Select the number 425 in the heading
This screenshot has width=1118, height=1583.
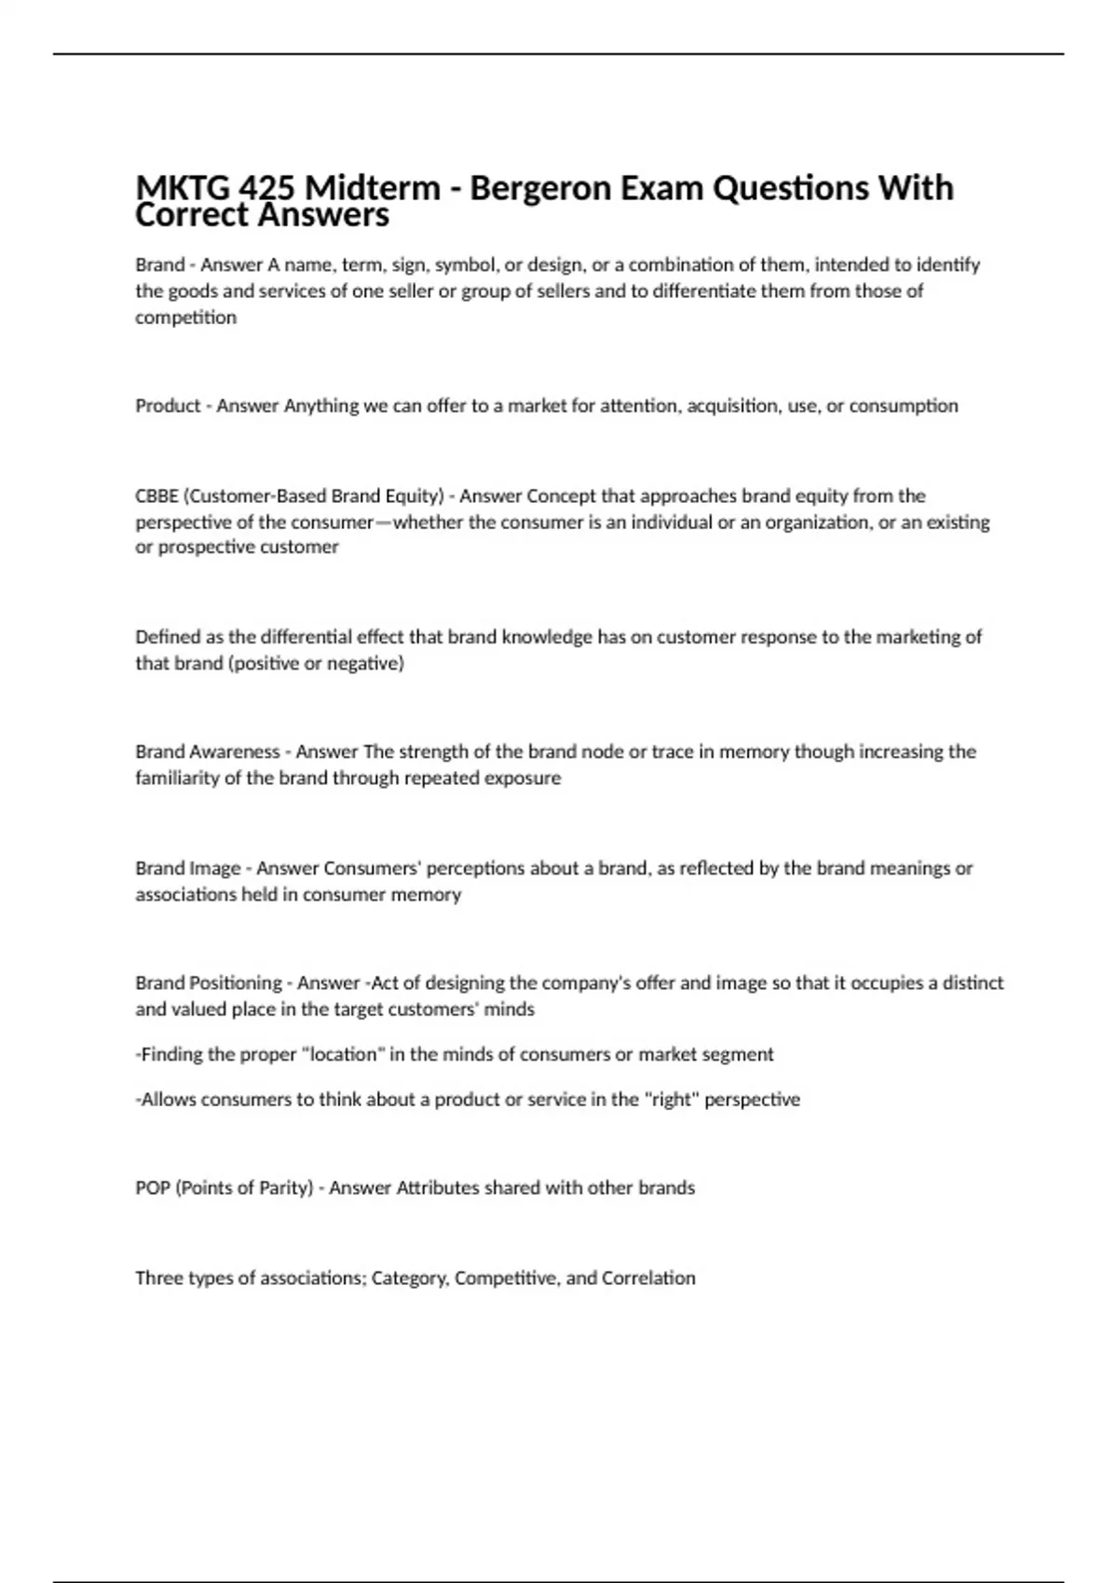pyautogui.click(x=266, y=188)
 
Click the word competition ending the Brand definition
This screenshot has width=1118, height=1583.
pyautogui.click(x=185, y=317)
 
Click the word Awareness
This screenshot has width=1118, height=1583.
pyautogui.click(x=234, y=751)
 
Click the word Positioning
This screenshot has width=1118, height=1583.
pyautogui.click(x=235, y=982)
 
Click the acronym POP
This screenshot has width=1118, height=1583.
pyautogui.click(x=153, y=1187)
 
